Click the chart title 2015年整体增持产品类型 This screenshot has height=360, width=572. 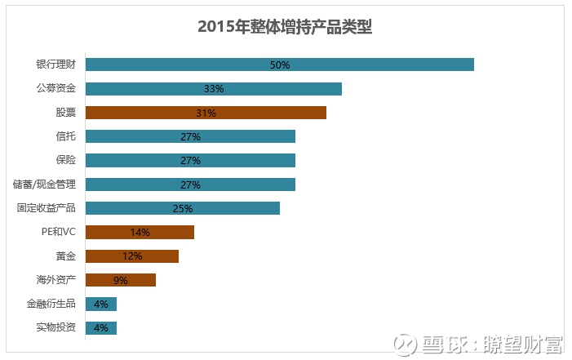tap(285, 27)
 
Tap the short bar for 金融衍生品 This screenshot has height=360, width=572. tap(101, 304)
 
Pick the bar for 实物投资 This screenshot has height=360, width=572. tap(101, 327)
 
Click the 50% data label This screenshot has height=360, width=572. tap(280, 64)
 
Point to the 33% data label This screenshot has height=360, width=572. tap(214, 89)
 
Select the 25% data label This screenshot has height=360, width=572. tap(183, 208)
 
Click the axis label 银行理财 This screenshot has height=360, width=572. tap(56, 64)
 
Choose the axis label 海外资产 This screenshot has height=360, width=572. tap(56, 280)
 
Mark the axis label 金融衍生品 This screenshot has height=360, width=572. tap(51, 304)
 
